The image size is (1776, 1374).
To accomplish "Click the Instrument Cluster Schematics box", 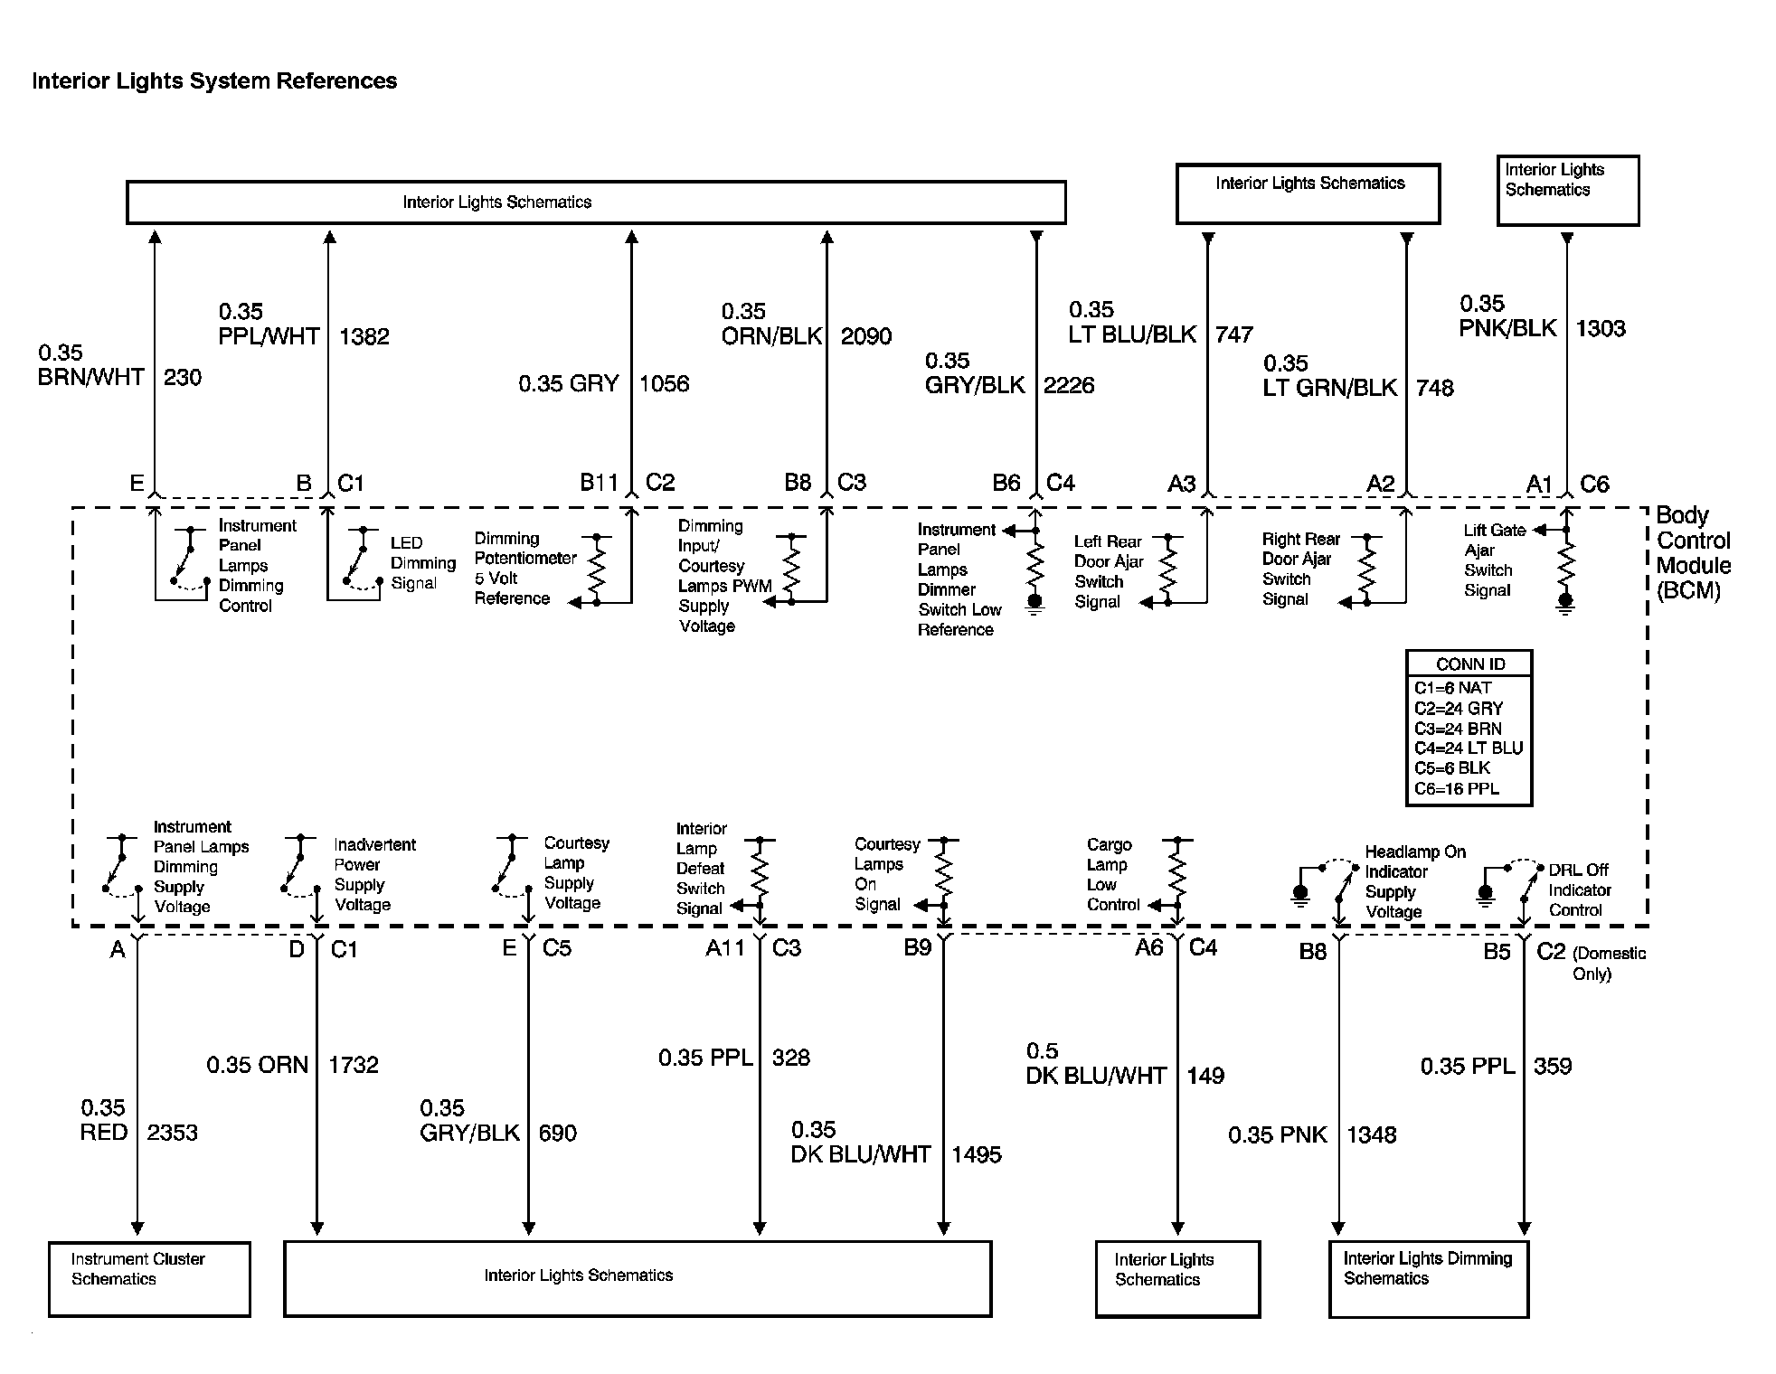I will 149,1278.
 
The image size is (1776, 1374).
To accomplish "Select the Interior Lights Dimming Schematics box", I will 1428,1278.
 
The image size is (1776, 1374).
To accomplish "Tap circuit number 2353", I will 172,1133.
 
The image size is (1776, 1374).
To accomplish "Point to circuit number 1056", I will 664,384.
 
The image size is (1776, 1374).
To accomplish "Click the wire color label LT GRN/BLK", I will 1330,388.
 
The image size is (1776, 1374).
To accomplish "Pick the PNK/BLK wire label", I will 1507,328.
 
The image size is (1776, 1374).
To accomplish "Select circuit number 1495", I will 977,1154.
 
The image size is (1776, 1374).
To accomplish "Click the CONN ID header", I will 1470,664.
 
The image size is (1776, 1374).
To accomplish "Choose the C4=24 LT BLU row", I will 1469,748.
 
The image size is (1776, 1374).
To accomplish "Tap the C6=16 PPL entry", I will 1457,788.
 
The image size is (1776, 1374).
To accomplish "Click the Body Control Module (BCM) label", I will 1693,552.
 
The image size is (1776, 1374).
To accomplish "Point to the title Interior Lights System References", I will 214,81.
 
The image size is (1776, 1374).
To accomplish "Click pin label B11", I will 599,483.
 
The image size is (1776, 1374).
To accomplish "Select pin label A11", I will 724,948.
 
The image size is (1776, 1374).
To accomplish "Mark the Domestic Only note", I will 1609,964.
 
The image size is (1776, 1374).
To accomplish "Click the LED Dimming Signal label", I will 422,563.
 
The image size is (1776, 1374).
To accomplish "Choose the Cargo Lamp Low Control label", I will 1112,875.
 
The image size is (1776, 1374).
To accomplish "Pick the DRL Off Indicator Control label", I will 1579,890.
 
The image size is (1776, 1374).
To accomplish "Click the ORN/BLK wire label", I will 771,337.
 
